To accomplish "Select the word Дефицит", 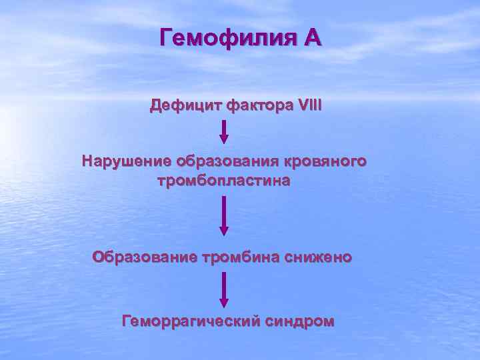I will point(186,105).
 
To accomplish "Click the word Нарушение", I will point(127,161).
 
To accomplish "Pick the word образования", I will point(227,161).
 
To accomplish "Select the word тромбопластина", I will point(224,181).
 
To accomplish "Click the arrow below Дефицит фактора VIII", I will point(224,130).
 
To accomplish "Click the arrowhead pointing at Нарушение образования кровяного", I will point(224,139).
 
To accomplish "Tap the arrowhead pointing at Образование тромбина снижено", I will point(224,231).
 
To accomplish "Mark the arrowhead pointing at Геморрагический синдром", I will point(224,303).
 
